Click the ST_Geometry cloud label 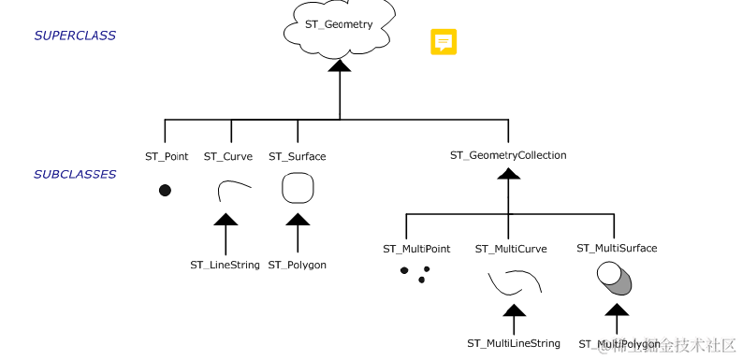tap(339, 24)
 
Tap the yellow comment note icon tap(444, 42)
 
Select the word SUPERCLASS tap(75, 36)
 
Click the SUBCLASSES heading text tap(75, 174)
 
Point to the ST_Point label tap(167, 156)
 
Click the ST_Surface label tap(297, 156)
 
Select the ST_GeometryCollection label tap(508, 155)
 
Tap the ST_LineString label tap(225, 266)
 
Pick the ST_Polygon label tap(297, 266)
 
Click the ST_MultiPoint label tap(416, 249)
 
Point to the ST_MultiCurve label tap(511, 249)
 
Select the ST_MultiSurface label tap(617, 248)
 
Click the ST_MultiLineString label tap(514, 343)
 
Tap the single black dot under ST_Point tap(166, 191)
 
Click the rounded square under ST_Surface tap(297, 190)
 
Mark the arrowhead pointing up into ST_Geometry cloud tap(340, 65)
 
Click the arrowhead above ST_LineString tap(226, 221)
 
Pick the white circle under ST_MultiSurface tap(610, 275)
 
